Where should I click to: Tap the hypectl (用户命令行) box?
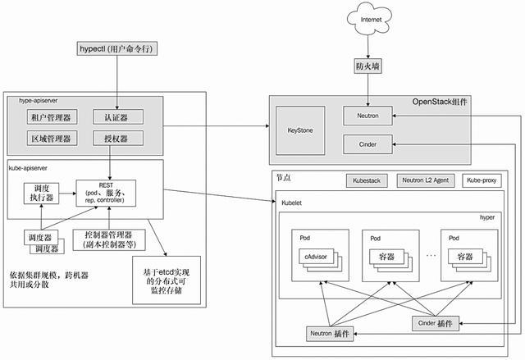pos(116,48)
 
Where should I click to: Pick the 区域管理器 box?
pos(49,138)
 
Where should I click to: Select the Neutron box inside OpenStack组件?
pos(367,118)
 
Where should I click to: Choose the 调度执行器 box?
pos(39,194)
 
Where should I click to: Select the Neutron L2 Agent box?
pos(425,180)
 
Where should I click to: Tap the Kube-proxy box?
pos(483,180)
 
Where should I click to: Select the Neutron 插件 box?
pos(330,334)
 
